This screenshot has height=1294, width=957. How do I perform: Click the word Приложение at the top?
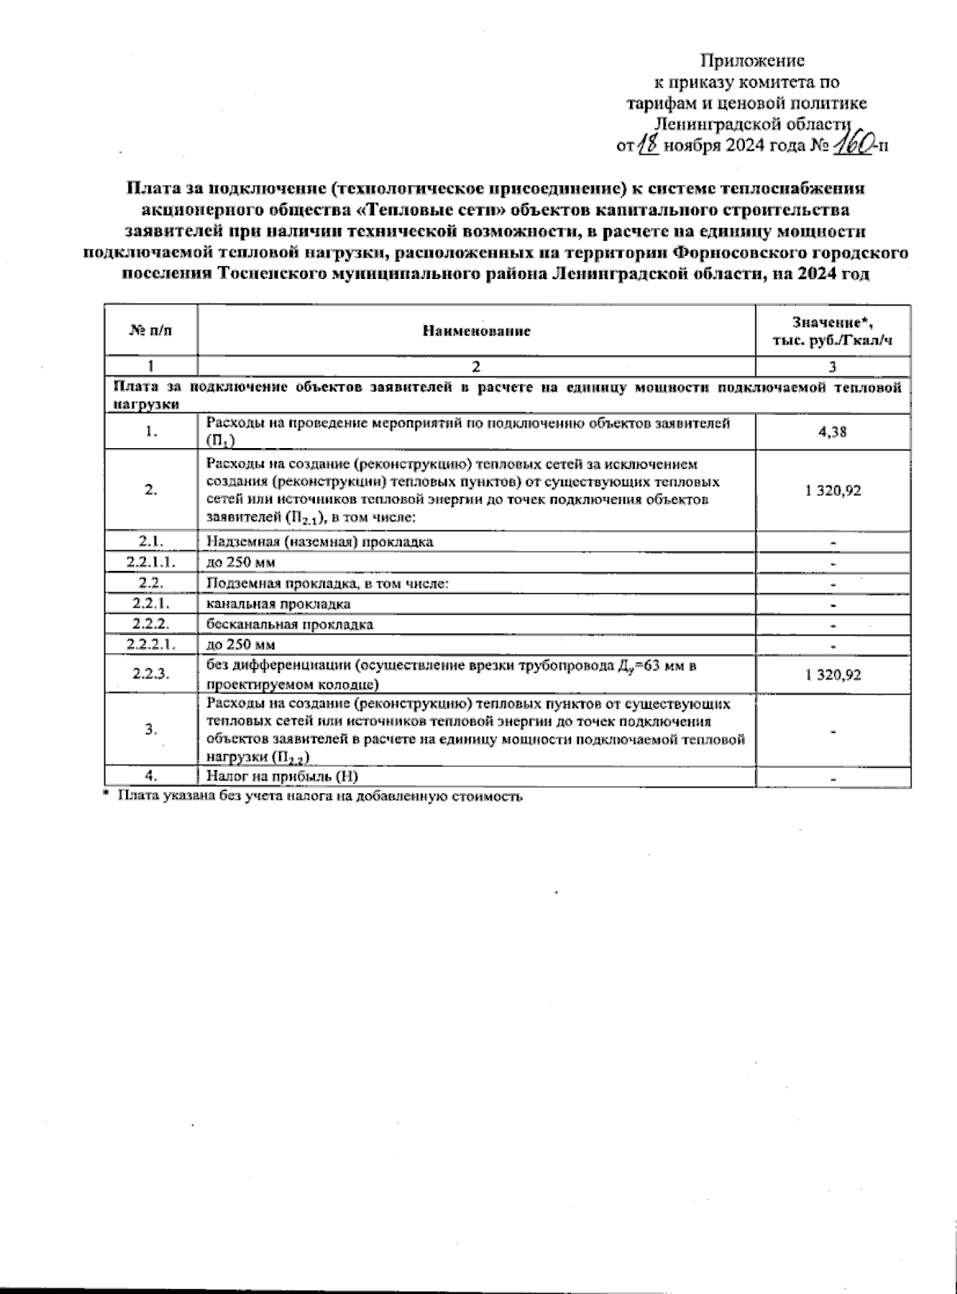752,61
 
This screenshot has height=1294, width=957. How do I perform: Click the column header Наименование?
476,330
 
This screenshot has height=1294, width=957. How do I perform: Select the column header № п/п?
150,330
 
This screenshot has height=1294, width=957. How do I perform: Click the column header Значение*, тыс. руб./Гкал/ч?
833,330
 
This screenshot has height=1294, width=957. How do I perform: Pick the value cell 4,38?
833,431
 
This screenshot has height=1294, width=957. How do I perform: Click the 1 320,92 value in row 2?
833,490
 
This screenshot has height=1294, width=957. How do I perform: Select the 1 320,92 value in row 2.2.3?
833,675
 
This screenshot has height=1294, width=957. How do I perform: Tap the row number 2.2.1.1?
150,562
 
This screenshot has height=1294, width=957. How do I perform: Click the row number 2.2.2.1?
150,644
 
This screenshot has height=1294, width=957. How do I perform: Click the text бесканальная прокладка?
289,624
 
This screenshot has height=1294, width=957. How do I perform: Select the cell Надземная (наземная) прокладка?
320,542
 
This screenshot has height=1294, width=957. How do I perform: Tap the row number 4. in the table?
150,776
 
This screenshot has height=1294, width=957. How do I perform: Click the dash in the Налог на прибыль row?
833,777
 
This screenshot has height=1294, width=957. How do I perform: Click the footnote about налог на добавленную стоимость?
319,796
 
